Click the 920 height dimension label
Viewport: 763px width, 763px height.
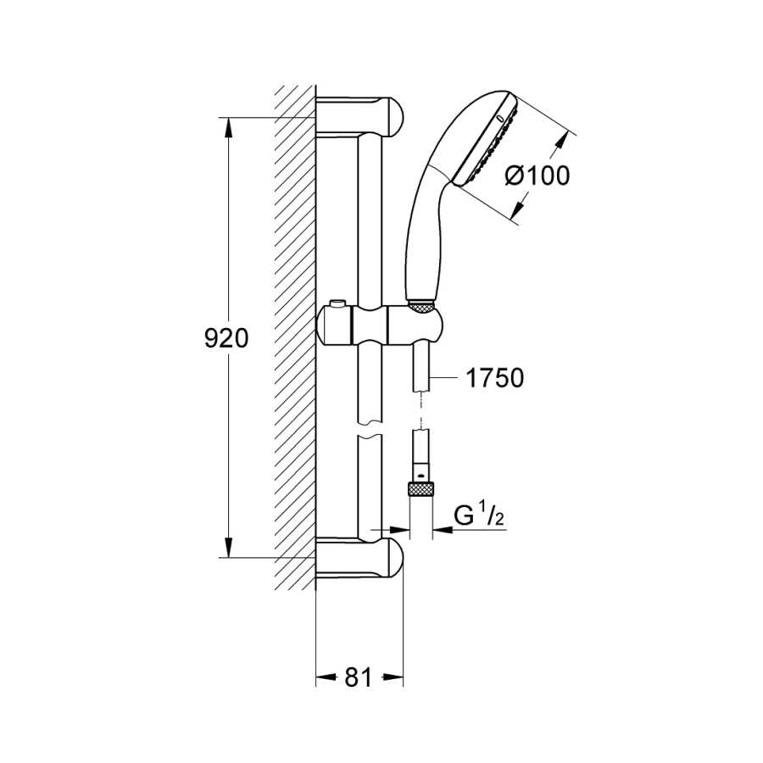pos(226,338)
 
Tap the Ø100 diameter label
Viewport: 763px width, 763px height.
pos(537,175)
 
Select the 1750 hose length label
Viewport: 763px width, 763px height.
pos(495,377)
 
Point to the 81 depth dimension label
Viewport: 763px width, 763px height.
pos(358,677)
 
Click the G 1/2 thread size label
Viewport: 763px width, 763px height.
pos(479,515)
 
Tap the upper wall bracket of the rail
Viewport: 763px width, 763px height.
pos(360,116)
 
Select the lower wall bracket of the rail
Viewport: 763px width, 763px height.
pos(360,558)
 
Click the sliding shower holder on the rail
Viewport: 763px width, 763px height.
pos(379,324)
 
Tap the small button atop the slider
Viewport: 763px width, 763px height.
pos(335,304)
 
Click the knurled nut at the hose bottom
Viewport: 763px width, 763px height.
pos(420,488)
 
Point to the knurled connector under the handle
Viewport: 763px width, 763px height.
pos(421,305)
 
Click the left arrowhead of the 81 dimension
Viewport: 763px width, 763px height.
pos(326,677)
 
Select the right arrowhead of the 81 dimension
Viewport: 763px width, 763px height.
pos(393,677)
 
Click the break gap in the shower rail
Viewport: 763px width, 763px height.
pos(370,429)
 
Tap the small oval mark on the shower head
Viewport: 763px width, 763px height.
pos(499,118)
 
